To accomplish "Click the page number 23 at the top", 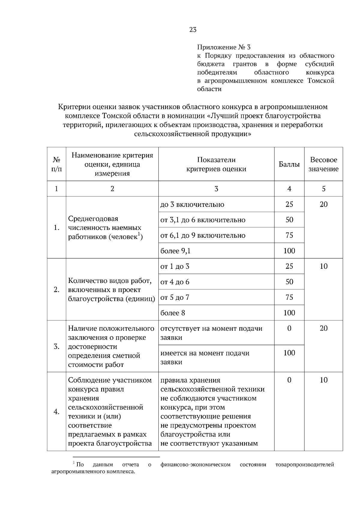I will [193, 30].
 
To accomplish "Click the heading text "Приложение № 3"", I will [223, 47].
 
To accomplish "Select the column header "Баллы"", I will [289, 164].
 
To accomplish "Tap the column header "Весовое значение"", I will [323, 164].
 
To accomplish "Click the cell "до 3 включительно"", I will [192, 204].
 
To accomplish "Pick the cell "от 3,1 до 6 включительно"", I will [203, 220].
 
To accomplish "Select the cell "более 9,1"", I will [175, 251].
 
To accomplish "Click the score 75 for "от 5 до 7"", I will [289, 297].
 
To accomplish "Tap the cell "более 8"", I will [173, 313].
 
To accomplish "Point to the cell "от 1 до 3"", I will [175, 266].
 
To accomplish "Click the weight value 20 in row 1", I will [323, 204].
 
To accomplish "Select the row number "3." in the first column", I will [56, 347].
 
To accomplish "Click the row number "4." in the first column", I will [56, 412].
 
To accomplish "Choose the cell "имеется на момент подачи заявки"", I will [205, 358].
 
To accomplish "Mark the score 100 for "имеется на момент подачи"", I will [289, 353].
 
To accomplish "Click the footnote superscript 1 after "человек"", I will [139, 234].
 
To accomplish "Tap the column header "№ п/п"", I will [56, 164].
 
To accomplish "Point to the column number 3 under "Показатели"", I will [216, 189].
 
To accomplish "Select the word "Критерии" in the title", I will [74, 107].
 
